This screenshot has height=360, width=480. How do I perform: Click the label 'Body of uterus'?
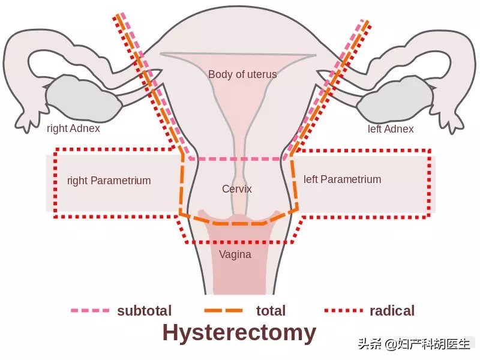point(242,74)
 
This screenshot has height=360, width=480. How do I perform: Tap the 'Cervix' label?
point(237,188)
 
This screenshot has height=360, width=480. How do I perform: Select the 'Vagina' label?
point(235,254)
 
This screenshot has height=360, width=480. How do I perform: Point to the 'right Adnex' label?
point(73,128)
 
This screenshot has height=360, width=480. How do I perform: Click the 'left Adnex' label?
point(391,128)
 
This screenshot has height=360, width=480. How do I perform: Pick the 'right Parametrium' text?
point(109,180)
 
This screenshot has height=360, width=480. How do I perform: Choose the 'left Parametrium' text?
point(342,179)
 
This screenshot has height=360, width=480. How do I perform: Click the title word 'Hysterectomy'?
point(239,332)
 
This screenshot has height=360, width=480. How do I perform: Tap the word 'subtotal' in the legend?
point(144,311)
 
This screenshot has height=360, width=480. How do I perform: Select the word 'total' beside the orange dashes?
point(271,311)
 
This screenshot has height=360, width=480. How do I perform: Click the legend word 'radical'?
point(392,311)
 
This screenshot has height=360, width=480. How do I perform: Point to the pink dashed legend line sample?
point(90,311)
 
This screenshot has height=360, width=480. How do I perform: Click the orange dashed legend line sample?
point(223,311)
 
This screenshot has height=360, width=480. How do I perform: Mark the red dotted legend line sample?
point(344,311)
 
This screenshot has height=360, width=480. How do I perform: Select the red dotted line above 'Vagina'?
point(240,242)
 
